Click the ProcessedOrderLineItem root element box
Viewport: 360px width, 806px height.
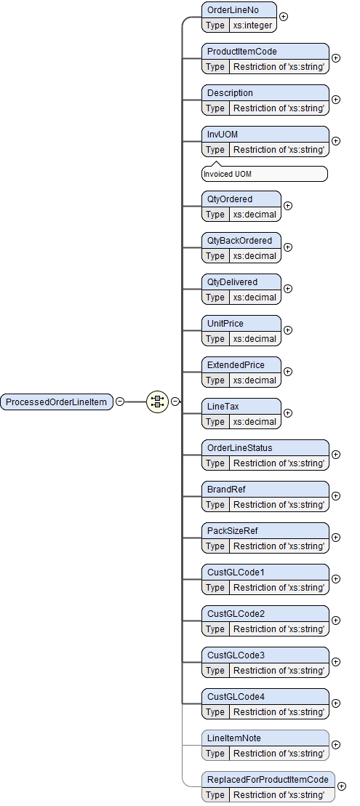tap(57, 402)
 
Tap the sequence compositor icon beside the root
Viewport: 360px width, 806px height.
tap(157, 402)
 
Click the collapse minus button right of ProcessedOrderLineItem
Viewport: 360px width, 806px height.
tap(120, 402)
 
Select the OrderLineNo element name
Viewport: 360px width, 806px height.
tap(233, 10)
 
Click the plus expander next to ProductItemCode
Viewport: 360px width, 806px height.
tap(335, 58)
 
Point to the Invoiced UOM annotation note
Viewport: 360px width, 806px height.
tap(265, 175)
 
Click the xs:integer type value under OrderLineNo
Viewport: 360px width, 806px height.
tap(252, 25)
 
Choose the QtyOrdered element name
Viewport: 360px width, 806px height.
tap(230, 199)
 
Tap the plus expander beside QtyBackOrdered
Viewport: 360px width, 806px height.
tap(288, 247)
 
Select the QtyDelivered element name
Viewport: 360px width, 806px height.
tap(232, 282)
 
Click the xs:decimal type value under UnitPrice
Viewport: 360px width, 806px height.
tap(255, 339)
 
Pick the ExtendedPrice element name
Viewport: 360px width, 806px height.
tap(236, 365)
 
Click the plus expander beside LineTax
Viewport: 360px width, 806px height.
tap(288, 412)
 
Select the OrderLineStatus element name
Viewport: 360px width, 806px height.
tap(239, 448)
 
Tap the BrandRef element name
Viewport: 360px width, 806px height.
tap(226, 490)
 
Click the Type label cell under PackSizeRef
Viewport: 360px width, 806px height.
tap(215, 546)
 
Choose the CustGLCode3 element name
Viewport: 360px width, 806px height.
tap(236, 655)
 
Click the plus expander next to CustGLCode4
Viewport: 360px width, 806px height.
tap(335, 703)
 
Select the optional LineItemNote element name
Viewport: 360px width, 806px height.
tap(233, 738)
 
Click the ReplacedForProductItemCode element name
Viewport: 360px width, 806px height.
tap(268, 780)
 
